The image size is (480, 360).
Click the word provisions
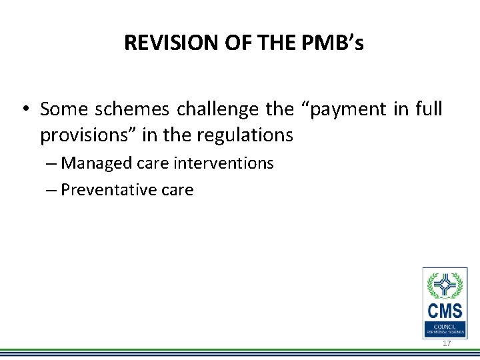(x=82, y=135)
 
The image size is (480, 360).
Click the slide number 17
(x=447, y=343)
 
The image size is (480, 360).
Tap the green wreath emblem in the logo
(x=445, y=285)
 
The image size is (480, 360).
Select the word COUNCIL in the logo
(x=445, y=325)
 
